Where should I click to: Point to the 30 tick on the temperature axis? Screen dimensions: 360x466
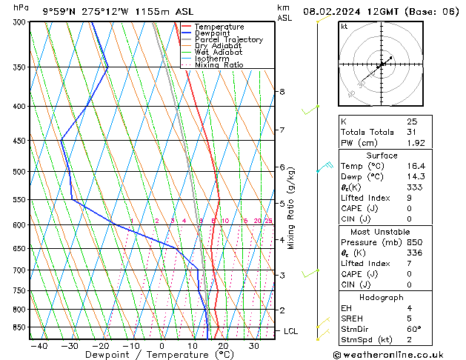[x=254, y=345]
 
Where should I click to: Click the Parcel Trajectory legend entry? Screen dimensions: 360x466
[x=228, y=39]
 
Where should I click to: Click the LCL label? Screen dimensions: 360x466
[x=290, y=331]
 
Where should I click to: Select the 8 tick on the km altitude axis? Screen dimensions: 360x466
[x=282, y=92]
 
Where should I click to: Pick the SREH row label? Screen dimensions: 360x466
[x=352, y=318]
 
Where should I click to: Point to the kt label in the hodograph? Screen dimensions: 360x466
[x=344, y=26]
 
